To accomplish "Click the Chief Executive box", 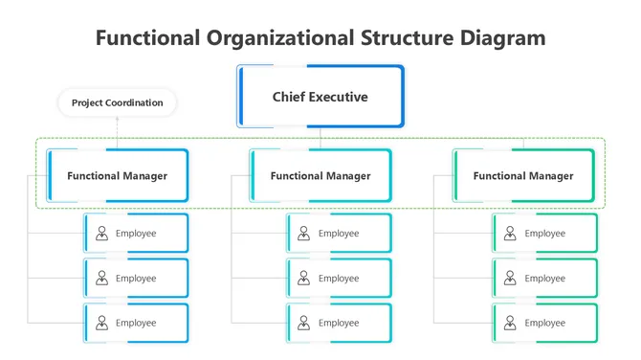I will (x=320, y=97).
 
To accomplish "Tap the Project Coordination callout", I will (x=117, y=102).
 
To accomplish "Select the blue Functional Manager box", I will (x=117, y=175).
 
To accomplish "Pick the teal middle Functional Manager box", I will (x=320, y=175).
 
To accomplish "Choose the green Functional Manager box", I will (x=523, y=175).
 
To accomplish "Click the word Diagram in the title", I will (x=497, y=38).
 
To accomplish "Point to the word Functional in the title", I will (x=148, y=38).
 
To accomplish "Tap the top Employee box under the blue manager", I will (x=136, y=233).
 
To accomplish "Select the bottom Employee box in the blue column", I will (x=136, y=323).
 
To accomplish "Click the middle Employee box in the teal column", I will (x=339, y=278).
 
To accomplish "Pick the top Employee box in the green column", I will (x=544, y=233).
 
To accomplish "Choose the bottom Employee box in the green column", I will (x=544, y=323).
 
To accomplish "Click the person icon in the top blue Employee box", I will (x=101, y=233).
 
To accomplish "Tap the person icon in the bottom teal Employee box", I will (x=304, y=323).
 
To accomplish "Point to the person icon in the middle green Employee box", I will (x=510, y=278).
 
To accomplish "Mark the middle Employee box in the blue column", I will (x=136, y=278).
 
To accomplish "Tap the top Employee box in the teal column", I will (x=339, y=233).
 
